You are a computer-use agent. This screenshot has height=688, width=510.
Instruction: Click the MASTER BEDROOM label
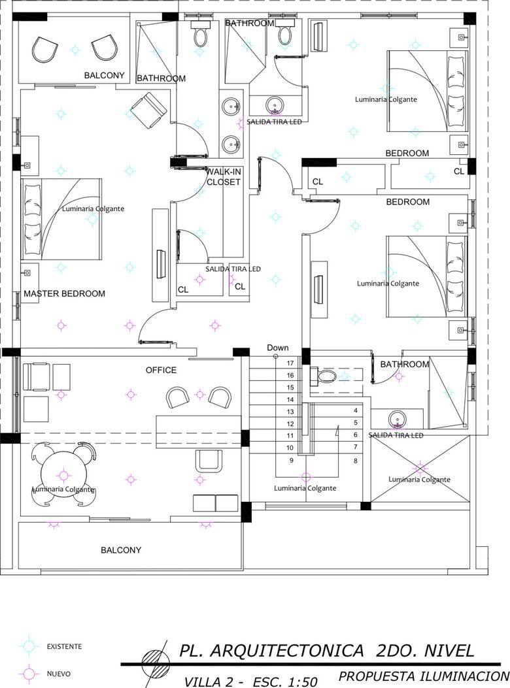click(64, 293)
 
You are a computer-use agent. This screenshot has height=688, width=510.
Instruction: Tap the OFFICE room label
click(161, 370)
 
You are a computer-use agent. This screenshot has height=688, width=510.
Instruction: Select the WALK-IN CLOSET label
click(224, 177)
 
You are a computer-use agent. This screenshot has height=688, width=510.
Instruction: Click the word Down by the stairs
click(278, 348)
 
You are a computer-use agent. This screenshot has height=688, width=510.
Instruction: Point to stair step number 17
click(290, 363)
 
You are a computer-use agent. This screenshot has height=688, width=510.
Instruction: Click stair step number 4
click(356, 410)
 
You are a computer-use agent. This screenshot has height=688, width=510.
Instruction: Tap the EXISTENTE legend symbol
click(29, 646)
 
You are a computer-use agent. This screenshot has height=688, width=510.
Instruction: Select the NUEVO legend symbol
click(29, 673)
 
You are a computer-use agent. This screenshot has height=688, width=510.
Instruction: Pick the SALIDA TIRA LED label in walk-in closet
click(233, 269)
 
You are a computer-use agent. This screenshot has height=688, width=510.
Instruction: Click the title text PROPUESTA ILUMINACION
click(424, 676)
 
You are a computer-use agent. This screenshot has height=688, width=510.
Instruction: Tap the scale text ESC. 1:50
click(285, 682)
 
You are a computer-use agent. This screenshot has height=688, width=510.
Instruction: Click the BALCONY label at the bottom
click(121, 549)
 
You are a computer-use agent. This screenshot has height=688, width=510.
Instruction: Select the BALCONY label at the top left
click(104, 76)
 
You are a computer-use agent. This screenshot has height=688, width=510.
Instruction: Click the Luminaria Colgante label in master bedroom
click(93, 209)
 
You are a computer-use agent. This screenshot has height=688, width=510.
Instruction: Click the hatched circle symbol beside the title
click(155, 663)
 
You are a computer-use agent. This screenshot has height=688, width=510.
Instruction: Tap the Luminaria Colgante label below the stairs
click(305, 488)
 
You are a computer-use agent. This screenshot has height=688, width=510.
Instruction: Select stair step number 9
click(291, 460)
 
